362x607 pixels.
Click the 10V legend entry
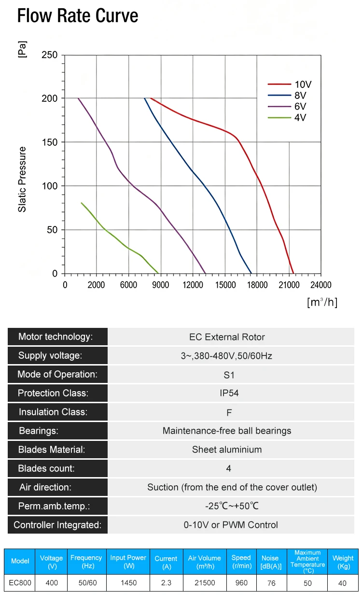[289, 85]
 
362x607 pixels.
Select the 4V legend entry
[287, 118]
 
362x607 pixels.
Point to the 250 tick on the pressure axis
[50, 55]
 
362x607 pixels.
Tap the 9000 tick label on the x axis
[161, 285]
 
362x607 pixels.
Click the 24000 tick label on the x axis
[321, 285]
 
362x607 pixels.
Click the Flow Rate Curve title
[78, 15]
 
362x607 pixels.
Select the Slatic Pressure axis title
[22, 179]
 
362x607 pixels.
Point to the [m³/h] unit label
[322, 302]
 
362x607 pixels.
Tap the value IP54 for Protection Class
[229, 393]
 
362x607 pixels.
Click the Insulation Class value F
[229, 412]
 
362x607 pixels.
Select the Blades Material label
[52, 450]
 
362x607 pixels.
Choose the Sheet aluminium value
[227, 450]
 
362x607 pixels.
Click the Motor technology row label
[56, 337]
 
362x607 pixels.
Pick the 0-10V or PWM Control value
[231, 525]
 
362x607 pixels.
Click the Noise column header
[271, 562]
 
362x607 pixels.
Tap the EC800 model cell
[20, 582]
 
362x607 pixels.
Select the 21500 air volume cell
[205, 582]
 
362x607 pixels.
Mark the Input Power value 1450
[128, 582]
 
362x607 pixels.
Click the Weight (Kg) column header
[343, 562]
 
